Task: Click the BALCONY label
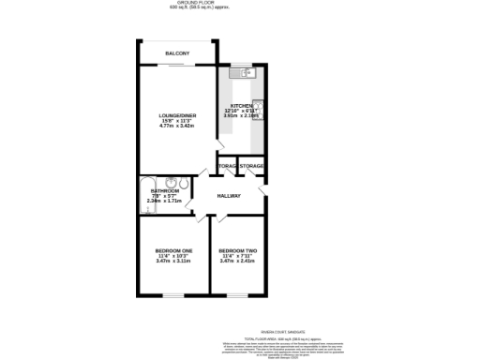178,53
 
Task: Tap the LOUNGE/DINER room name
176,114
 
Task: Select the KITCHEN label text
242,106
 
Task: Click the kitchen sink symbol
245,72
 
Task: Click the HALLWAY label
229,196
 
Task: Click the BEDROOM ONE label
174,251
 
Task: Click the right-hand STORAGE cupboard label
252,166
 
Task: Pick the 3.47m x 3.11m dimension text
174,262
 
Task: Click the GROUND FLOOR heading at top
239,3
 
